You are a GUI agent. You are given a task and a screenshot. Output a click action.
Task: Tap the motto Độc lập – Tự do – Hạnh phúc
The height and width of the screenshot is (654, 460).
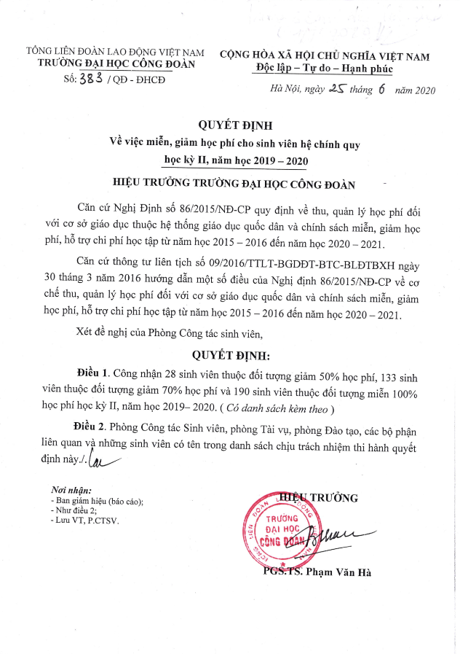coord(324,68)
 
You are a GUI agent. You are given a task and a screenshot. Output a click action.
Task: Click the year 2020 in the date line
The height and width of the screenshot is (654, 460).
coord(421,90)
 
